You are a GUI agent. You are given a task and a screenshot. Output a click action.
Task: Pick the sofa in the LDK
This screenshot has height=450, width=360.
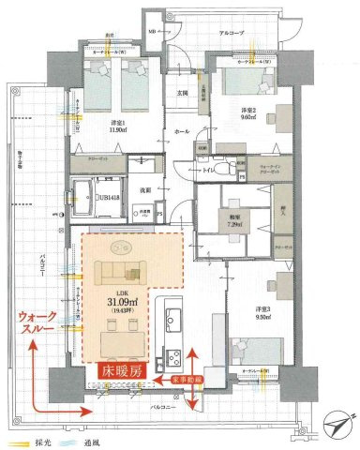pos(120,274)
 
